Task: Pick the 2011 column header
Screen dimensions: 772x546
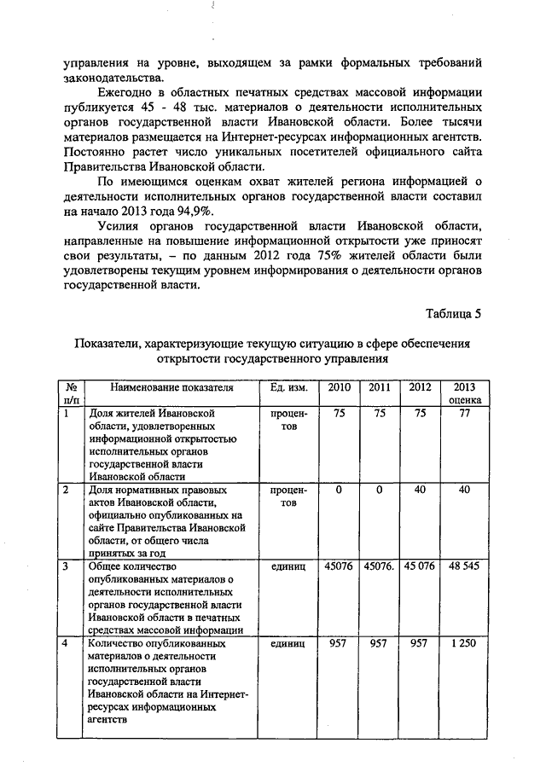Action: (380, 387)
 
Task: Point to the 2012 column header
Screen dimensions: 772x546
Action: (420, 387)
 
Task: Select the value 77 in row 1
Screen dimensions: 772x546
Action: (465, 413)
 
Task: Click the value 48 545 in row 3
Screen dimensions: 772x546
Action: (465, 566)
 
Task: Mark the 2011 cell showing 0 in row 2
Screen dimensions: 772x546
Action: (380, 490)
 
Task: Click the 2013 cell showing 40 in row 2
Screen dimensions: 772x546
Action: (465, 490)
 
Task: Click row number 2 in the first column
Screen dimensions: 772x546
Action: (67, 490)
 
